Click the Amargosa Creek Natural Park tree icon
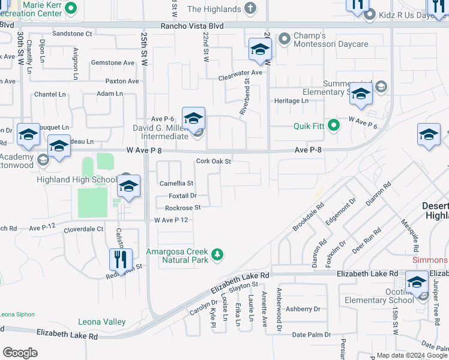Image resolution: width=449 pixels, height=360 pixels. click(x=217, y=256)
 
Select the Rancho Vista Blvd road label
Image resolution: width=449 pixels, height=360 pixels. click(x=192, y=26)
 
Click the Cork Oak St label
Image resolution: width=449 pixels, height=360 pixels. click(x=214, y=161)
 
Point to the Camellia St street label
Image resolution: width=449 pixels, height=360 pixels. click(x=176, y=183)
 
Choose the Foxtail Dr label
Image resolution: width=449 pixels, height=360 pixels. click(x=182, y=196)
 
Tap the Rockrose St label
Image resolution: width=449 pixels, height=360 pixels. click(x=182, y=208)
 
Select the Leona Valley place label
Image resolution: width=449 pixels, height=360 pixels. click(x=102, y=322)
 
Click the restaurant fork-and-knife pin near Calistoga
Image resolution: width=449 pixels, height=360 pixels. click(x=121, y=259)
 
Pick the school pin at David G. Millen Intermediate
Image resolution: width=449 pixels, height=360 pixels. click(x=193, y=118)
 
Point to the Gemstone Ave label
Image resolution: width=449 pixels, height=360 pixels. click(x=112, y=62)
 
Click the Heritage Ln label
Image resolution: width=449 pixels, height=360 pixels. click(x=291, y=101)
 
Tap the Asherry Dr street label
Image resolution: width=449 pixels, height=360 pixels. click(x=303, y=309)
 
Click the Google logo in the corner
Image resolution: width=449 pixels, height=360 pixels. click(x=20, y=353)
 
